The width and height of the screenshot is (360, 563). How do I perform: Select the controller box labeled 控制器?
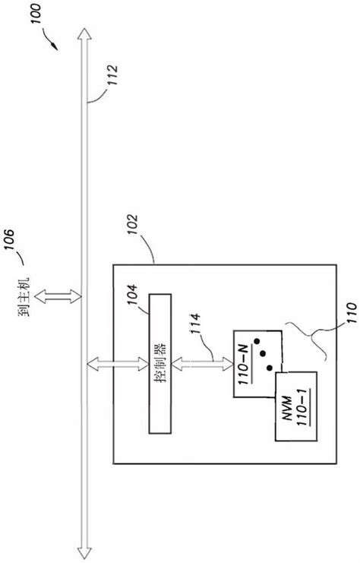tap(162, 364)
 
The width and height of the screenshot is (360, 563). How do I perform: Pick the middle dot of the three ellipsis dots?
tap(263, 353)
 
